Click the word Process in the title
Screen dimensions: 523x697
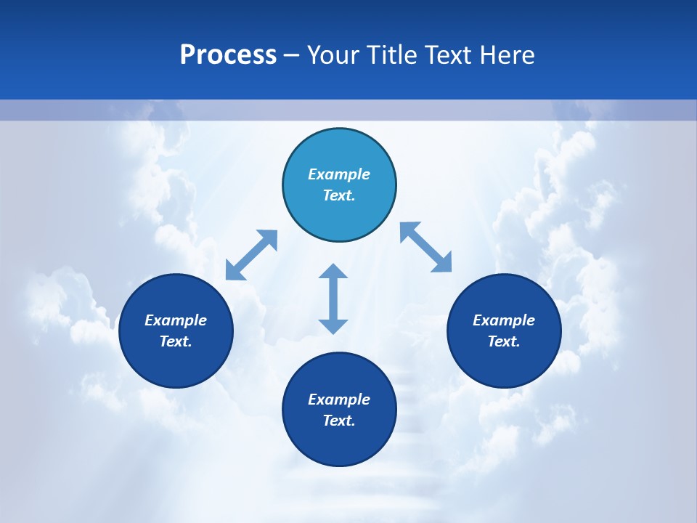(x=228, y=55)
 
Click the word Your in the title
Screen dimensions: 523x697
(x=331, y=55)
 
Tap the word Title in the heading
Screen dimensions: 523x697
(x=388, y=55)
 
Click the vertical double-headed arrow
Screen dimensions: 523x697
(x=333, y=299)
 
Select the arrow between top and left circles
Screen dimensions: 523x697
(x=251, y=255)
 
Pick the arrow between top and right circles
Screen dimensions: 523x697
(x=426, y=247)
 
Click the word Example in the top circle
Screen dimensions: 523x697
(x=339, y=174)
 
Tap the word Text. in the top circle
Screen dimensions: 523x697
(x=339, y=195)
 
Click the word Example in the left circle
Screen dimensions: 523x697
(x=176, y=320)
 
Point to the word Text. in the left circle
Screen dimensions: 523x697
(x=176, y=341)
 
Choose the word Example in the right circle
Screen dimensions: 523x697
(x=504, y=320)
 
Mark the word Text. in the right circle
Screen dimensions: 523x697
(x=504, y=341)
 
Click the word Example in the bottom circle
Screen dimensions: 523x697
(x=339, y=400)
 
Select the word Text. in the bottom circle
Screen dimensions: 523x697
(x=339, y=421)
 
